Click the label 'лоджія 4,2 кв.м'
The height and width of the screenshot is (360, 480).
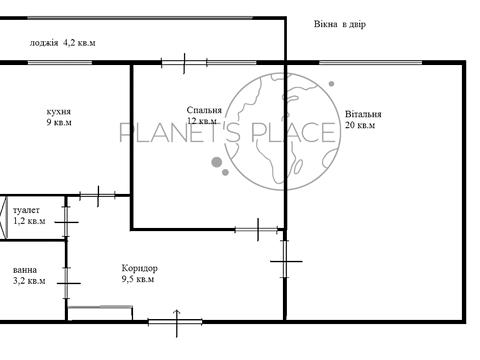tap(62, 43)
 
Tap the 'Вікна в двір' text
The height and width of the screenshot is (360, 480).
tap(340, 24)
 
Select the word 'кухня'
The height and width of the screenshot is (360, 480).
tap(59, 111)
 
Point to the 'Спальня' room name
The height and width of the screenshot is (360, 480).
tap(204, 110)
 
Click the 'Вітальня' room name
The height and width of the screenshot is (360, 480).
tap(363, 114)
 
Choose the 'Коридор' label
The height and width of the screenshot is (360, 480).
tap(139, 268)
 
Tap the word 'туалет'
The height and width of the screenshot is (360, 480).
tap(26, 210)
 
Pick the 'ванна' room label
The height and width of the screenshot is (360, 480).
tap(25, 270)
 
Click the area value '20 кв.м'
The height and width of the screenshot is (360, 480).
tap(360, 125)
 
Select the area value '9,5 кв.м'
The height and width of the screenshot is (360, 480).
tap(138, 279)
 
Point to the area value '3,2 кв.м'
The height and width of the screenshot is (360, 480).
tap(29, 281)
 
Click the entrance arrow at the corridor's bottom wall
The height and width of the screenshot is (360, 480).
tap(177, 323)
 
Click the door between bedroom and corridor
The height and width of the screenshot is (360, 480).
tap(258, 229)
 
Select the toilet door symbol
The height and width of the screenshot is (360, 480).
tap(67, 222)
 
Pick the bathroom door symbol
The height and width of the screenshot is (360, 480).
tap(67, 283)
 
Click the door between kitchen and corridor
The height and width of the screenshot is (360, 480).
tap(98, 196)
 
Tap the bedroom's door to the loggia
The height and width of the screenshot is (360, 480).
tap(184, 63)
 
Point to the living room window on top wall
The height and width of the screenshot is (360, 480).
tap(371, 63)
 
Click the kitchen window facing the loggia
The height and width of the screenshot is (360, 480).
tap(60, 63)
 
